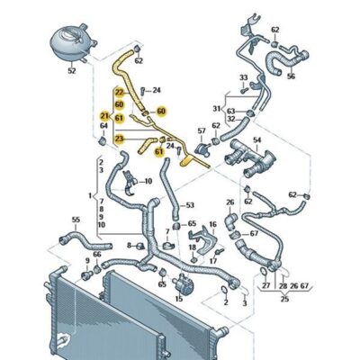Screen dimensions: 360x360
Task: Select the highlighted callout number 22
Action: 120,92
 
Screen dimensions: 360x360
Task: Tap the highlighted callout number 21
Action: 105,118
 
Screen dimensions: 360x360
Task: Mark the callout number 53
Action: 190,205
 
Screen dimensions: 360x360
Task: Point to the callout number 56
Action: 290,76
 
